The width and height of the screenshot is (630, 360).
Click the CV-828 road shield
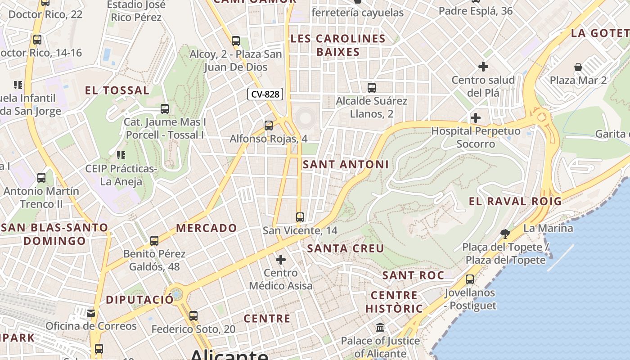[265, 94]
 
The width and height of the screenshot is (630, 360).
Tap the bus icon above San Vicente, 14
[300, 217]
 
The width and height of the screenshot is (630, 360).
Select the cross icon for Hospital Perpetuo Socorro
[476, 118]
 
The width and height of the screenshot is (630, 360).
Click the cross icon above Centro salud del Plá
[483, 67]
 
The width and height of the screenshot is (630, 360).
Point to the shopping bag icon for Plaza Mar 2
[578, 67]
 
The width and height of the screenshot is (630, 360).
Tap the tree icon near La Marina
[505, 233]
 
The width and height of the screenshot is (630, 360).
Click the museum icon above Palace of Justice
[380, 327]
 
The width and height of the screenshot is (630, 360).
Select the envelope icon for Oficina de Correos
[91, 313]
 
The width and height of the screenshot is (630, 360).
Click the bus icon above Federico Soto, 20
[193, 316]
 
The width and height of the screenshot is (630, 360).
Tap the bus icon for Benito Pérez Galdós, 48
[154, 241]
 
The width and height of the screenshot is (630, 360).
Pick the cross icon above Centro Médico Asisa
[281, 260]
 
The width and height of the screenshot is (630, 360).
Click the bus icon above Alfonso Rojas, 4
[269, 126]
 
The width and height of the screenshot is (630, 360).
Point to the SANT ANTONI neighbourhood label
[346, 165]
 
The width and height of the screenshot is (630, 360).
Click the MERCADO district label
[207, 228]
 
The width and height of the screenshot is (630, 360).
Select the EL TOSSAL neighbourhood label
[117, 90]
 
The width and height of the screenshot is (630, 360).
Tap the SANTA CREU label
[346, 248]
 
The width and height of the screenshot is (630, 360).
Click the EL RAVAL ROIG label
[515, 201]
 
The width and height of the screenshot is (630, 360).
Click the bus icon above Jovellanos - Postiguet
[470, 279]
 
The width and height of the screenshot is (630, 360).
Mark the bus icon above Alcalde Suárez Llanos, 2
[372, 88]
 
